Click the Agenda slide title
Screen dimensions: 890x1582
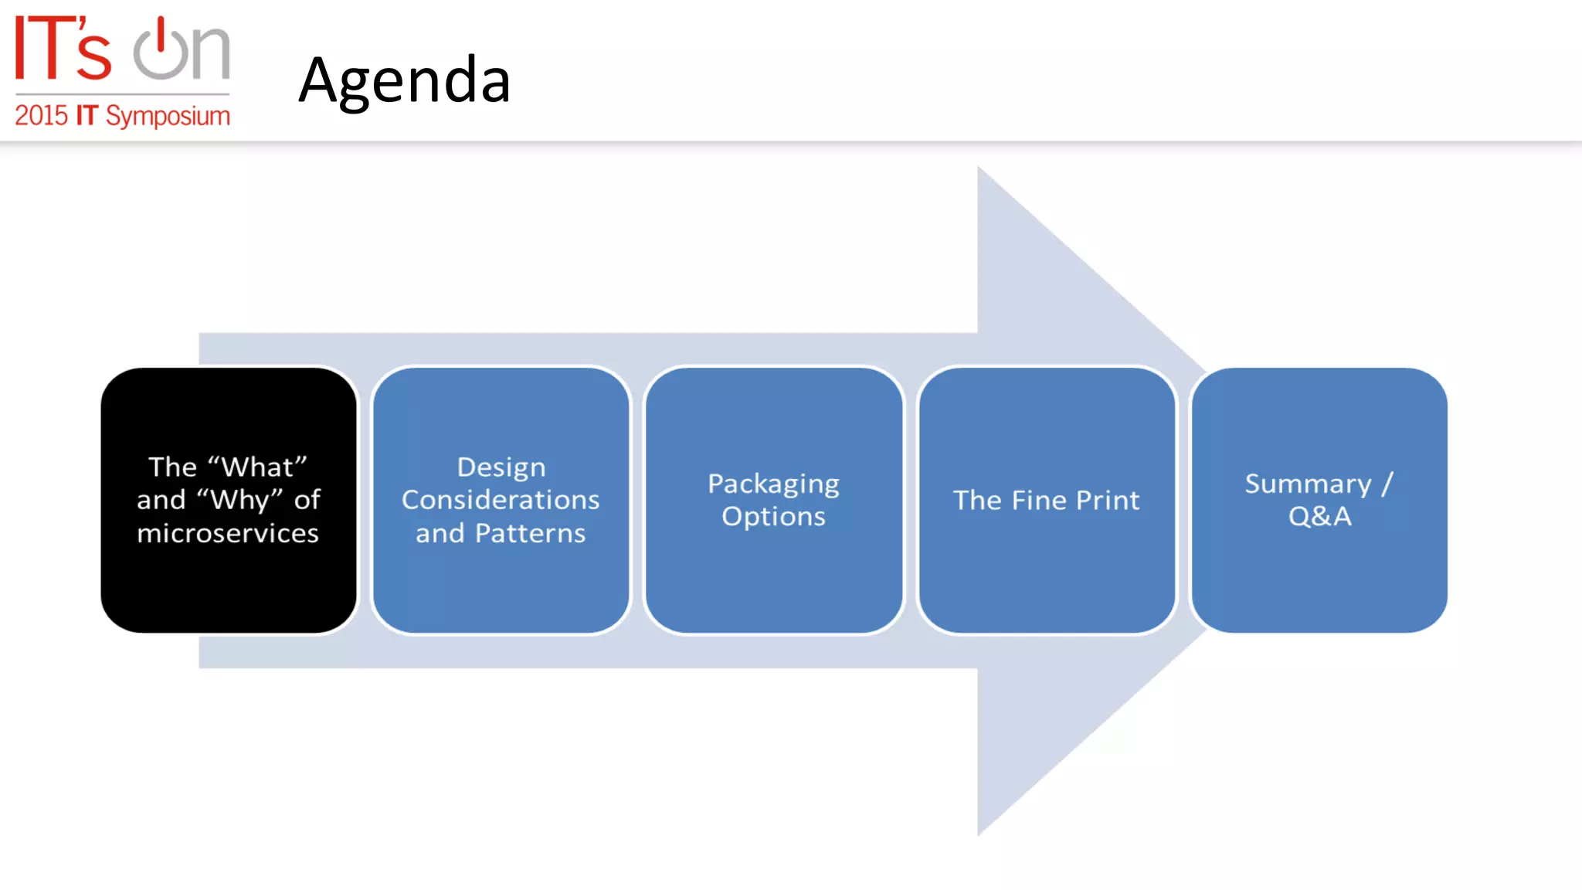coord(404,80)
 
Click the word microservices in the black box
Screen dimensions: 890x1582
coord(228,533)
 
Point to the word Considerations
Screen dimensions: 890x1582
coord(501,500)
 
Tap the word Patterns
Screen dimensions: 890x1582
coord(530,533)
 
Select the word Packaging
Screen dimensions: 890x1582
coord(773,484)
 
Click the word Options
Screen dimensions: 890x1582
coord(773,516)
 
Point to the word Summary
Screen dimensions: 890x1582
coord(1308,484)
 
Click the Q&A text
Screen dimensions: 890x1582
coord(1319,516)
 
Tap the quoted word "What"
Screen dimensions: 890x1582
coord(258,467)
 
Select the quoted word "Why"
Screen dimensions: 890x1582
coord(239,500)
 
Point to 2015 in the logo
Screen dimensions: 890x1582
coord(42,116)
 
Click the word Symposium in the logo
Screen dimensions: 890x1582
coord(168,117)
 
